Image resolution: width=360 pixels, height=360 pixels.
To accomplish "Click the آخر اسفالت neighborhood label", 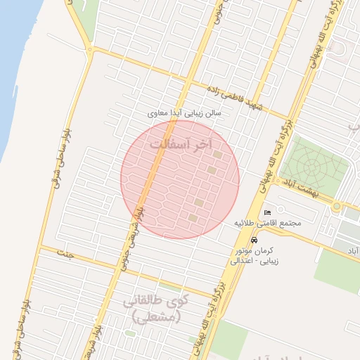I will (180, 144).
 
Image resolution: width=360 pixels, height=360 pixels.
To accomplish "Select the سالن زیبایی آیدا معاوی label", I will (185, 112).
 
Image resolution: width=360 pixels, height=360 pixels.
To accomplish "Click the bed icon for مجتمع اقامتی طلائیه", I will (267, 212).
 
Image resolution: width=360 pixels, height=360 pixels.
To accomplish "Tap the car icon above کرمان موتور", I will (253, 240).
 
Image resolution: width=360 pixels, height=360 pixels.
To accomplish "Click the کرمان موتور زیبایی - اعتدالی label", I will (257, 255).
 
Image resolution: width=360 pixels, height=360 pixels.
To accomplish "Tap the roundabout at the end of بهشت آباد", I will (337, 206).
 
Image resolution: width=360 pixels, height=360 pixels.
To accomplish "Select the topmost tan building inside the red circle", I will (218, 155).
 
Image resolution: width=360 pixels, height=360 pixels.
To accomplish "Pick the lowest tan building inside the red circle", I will (193, 218).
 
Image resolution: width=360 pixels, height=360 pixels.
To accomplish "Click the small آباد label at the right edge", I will (352, 250).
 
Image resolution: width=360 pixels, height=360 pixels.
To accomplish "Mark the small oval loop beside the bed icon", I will (280, 209).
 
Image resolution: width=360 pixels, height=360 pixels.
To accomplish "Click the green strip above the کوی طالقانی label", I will (169, 287).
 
